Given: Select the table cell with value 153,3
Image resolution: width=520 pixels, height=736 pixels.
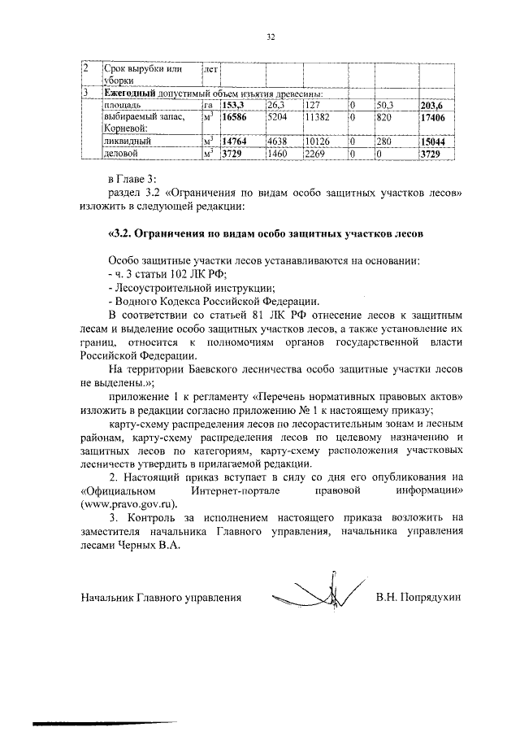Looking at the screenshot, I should (x=233, y=105).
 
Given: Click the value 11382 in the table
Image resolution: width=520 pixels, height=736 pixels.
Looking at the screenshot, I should (x=317, y=118).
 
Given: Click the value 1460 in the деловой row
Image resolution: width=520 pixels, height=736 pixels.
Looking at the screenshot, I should (x=278, y=152).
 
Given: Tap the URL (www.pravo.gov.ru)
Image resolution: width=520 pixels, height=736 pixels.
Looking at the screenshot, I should (x=129, y=503).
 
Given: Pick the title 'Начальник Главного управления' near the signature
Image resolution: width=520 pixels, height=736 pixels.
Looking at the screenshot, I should (x=162, y=597).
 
